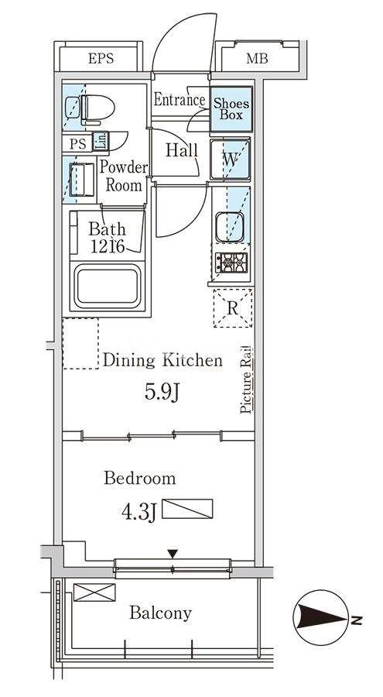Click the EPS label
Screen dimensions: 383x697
click(101, 58)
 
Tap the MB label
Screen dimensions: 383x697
click(257, 58)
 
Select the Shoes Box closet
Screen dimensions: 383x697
click(231, 109)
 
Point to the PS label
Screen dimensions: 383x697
click(77, 143)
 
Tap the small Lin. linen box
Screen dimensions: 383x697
click(101, 141)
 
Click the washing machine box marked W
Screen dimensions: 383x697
click(230, 159)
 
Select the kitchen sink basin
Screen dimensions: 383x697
click(230, 227)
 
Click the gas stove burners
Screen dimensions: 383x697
click(231, 263)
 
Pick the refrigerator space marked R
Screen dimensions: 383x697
click(233, 308)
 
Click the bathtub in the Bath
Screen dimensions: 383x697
click(107, 287)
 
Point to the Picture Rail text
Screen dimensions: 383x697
click(246, 379)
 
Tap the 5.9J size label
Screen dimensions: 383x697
click(162, 392)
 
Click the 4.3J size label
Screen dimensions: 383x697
click(138, 512)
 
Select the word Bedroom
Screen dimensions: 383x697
click(140, 479)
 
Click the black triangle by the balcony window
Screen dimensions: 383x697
click(173, 554)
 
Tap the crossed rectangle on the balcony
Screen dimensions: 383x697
click(94, 592)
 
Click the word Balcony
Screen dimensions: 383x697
click(160, 613)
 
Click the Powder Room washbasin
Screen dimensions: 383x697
click(83, 180)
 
